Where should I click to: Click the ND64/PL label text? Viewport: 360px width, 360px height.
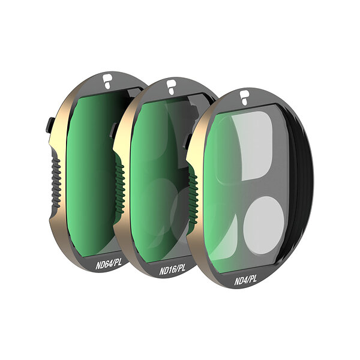tap(109, 264)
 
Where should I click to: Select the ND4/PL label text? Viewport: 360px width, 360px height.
tap(245, 280)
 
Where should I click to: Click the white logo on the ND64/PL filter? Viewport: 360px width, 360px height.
tap(107, 81)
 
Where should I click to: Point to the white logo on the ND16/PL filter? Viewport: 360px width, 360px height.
tap(171, 87)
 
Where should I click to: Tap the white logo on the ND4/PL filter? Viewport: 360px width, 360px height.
tap(245, 98)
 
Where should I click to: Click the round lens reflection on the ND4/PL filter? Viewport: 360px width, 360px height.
tap(263, 226)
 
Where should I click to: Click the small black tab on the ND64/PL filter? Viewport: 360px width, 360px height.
tap(50, 125)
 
